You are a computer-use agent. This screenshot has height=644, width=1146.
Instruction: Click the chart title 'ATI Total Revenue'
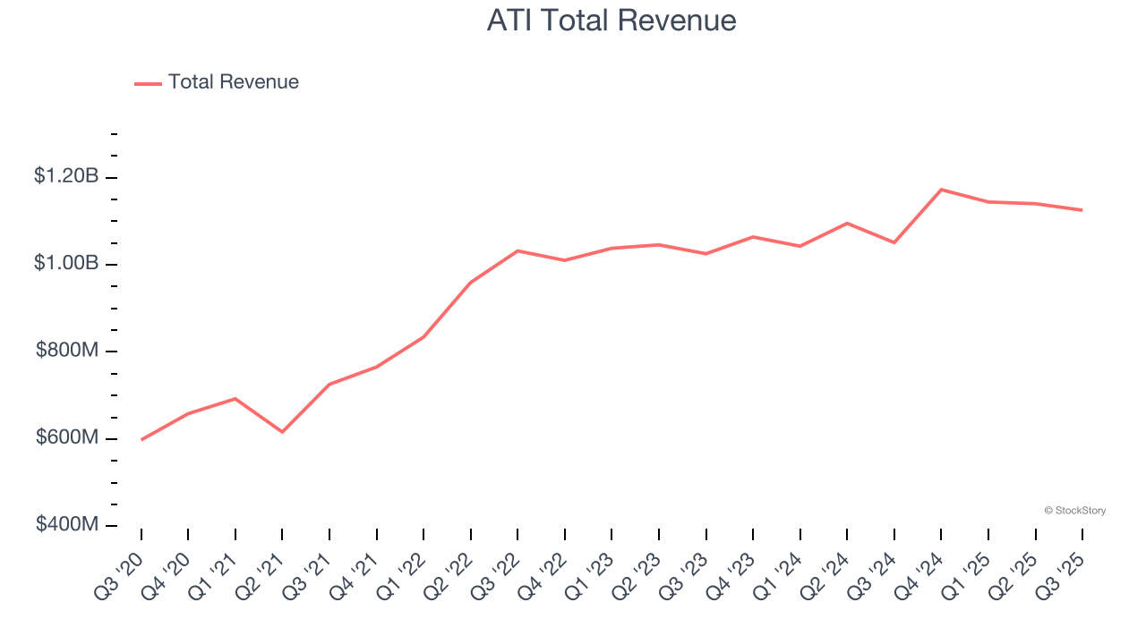(x=611, y=21)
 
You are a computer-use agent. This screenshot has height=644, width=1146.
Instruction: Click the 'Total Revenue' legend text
(x=233, y=82)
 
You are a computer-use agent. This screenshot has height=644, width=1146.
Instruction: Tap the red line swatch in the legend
(x=148, y=83)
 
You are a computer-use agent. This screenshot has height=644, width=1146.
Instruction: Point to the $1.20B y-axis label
(x=66, y=176)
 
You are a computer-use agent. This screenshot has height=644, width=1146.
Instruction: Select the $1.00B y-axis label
(x=66, y=263)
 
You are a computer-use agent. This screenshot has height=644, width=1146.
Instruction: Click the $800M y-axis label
(x=67, y=351)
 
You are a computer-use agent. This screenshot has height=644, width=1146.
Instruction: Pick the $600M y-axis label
(x=67, y=437)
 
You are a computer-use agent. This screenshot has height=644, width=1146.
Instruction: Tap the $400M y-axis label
(x=67, y=524)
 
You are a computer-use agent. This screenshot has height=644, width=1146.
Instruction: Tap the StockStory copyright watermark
(x=1074, y=511)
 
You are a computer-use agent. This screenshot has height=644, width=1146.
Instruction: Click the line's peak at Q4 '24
(x=941, y=190)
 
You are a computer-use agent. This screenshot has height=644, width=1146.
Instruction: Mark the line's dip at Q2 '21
(x=282, y=432)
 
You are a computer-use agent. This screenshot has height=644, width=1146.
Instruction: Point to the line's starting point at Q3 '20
(x=141, y=440)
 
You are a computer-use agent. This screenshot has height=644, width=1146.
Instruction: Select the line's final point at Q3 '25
(x=1082, y=210)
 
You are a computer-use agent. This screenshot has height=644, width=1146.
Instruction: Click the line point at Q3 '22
(x=517, y=250)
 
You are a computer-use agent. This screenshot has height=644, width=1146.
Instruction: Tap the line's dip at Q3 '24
(x=894, y=242)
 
